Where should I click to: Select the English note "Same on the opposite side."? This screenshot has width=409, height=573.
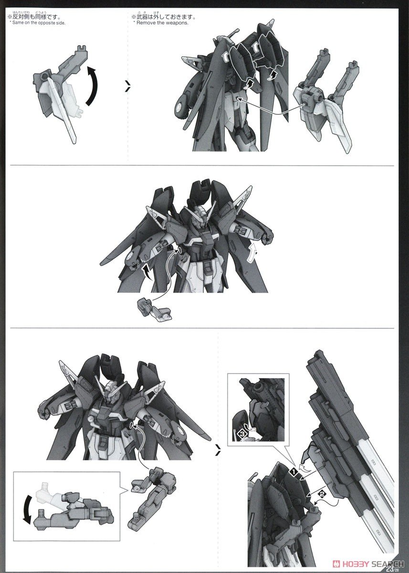37,23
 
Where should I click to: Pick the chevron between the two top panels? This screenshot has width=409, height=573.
127,86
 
